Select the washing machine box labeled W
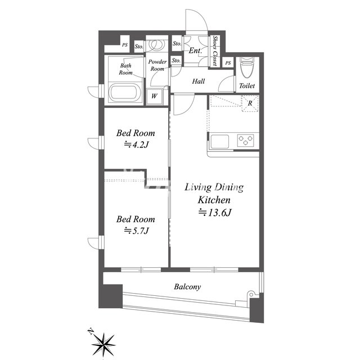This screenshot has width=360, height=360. [155, 97]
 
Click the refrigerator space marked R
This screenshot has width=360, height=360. [250, 103]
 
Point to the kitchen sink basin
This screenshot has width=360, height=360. [220, 141]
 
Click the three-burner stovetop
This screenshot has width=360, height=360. [245, 140]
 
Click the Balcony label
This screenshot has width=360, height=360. [187, 287]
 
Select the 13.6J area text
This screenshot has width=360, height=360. [215, 213]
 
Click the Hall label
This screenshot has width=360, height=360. [199, 81]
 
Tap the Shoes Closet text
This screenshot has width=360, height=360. [215, 51]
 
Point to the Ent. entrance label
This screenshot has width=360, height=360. [195, 51]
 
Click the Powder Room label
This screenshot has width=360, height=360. [157, 65]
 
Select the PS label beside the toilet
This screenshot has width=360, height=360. [228, 62]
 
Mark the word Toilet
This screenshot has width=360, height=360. [247, 86]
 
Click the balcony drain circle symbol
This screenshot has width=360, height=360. [251, 294]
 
